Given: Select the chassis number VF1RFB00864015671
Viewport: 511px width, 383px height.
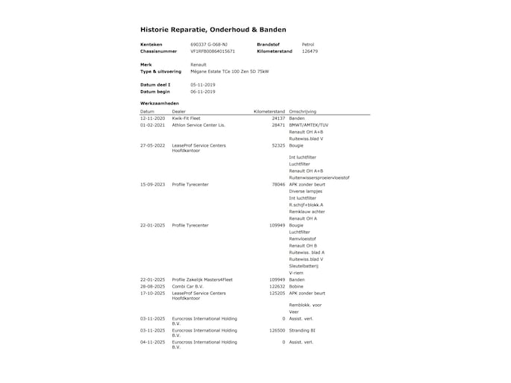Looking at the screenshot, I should pyautogui.click(x=213, y=51).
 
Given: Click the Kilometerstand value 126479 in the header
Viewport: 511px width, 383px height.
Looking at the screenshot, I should pyautogui.click(x=310, y=51).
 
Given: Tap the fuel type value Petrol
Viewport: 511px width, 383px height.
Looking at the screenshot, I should pyautogui.click(x=307, y=45).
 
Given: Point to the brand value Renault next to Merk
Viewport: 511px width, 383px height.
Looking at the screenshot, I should pyautogui.click(x=198, y=65).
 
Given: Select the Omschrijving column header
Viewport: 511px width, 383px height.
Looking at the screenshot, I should pyautogui.click(x=306, y=111).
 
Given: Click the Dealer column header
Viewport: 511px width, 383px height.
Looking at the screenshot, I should pyautogui.click(x=180, y=111).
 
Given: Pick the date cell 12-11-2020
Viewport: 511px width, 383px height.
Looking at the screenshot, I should pyautogui.click(x=152, y=118).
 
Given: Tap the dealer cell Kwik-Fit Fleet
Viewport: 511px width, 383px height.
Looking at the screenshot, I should pyautogui.click(x=186, y=118).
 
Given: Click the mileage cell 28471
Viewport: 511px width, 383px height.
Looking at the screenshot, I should pyautogui.click(x=278, y=124).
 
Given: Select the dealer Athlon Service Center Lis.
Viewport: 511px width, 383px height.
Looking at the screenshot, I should pyautogui.click(x=198, y=124).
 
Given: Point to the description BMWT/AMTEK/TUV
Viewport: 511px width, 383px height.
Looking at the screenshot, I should pyautogui.click(x=308, y=124).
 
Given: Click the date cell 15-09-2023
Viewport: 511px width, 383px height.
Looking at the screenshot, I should pyautogui.click(x=152, y=183).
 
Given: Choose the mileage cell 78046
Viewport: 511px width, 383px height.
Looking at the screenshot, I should pyautogui.click(x=278, y=183).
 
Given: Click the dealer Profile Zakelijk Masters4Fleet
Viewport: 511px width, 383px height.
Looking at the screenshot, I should pyautogui.click(x=202, y=279).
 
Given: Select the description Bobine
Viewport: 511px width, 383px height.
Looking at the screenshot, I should pyautogui.click(x=297, y=286).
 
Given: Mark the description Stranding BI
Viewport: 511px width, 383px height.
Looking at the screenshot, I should pyautogui.click(x=303, y=329).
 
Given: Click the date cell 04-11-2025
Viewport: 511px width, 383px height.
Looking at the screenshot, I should pyautogui.click(x=152, y=342).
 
